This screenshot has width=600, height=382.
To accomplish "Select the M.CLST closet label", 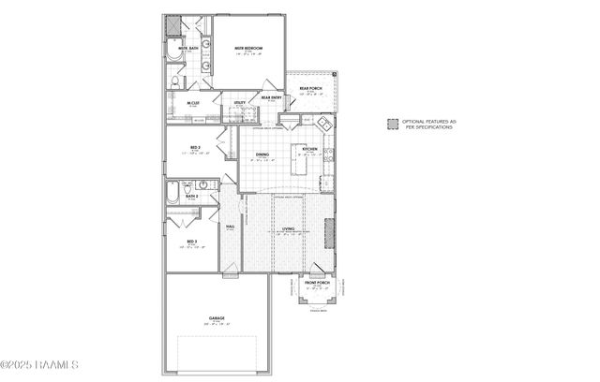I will tap(193, 103).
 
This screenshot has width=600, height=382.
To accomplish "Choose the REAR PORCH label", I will tap(311, 90).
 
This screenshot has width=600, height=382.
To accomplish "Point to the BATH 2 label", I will tap(192, 197).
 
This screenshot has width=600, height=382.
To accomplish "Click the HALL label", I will tap(230, 226).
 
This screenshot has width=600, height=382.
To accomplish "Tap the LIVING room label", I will tap(289, 228).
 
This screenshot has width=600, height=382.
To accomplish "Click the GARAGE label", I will tap(217, 319).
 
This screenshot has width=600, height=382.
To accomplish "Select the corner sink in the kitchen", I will tap(322, 124).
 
